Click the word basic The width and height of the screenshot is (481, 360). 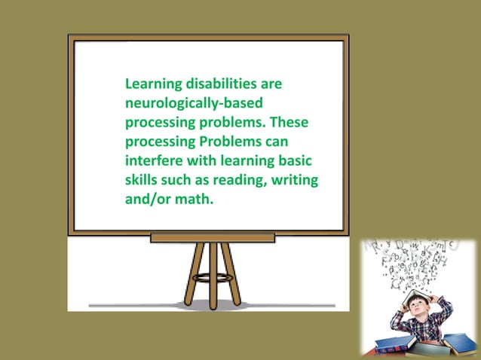coord(294,161)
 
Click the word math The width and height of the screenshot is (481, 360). coord(195,200)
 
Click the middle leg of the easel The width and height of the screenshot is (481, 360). coord(213,274)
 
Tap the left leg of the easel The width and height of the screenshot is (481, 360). coord(192,274)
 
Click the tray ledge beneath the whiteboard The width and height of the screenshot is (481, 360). coord(212,237)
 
